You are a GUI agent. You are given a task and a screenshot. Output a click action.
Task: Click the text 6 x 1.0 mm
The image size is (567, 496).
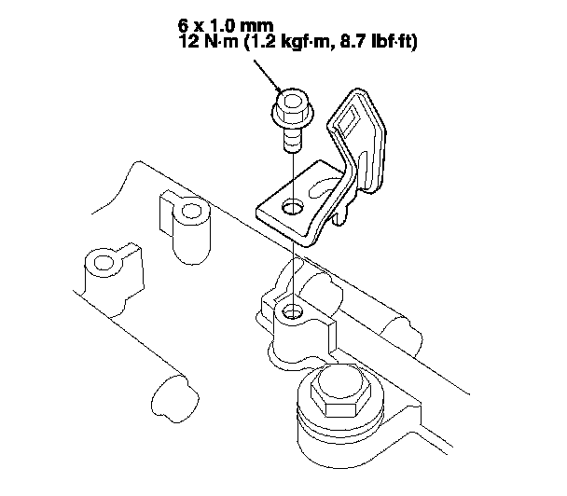226,26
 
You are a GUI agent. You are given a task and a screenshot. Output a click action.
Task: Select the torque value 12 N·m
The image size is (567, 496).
209,42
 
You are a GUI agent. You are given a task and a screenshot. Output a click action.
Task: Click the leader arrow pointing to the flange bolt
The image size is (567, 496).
269,76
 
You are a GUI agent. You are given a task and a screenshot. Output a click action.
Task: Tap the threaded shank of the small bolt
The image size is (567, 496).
292,139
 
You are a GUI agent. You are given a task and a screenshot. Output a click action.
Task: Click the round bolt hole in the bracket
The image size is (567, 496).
292,207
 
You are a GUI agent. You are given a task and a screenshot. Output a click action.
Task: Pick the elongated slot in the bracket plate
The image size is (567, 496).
324,186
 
